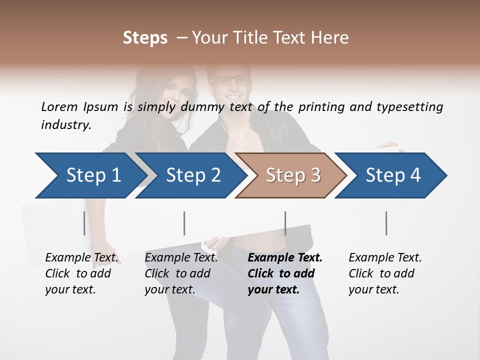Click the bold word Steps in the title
[145, 38]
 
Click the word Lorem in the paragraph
[59, 106]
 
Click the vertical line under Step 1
[84, 223]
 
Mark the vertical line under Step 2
[184, 223]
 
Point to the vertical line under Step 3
[285, 223]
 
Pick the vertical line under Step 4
[386, 223]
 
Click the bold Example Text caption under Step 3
[285, 273]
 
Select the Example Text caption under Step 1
[81, 273]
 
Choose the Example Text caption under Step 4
[385, 273]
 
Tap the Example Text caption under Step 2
[181, 273]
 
